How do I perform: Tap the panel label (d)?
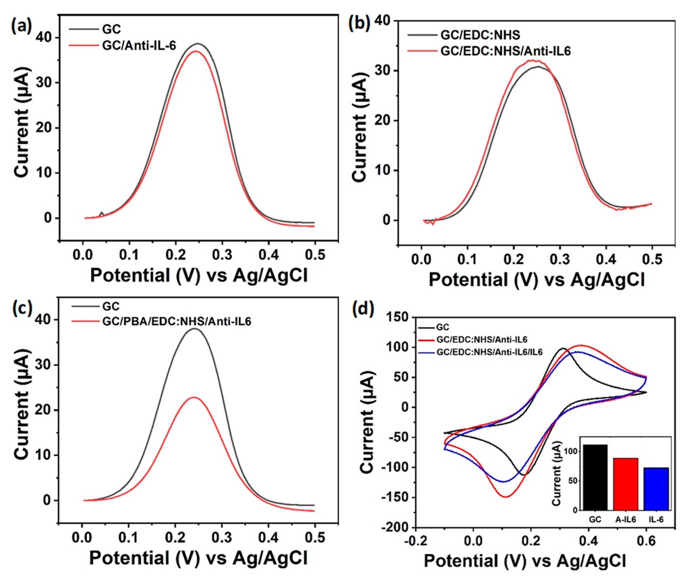363,309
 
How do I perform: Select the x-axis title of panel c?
198,558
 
